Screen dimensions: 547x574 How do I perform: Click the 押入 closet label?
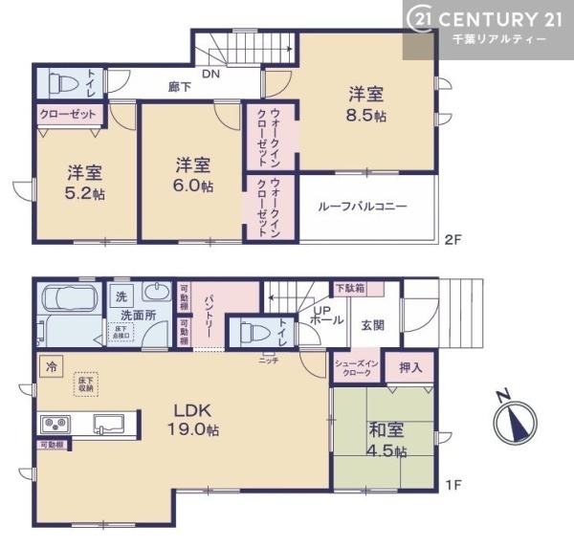click(x=409, y=366)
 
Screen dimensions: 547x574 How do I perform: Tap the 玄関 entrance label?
click(x=372, y=324)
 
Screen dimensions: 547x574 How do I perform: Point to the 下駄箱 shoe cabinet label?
click(x=347, y=288)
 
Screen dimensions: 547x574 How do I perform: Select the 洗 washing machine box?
click(x=121, y=295)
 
